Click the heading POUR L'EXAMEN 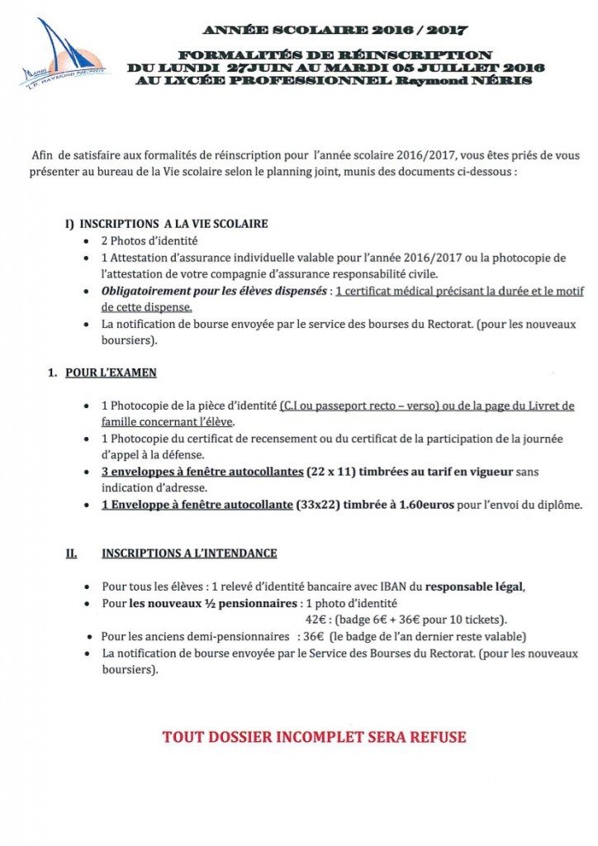(x=111, y=373)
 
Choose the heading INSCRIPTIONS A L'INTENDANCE (x=189, y=553)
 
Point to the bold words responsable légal (x=474, y=587)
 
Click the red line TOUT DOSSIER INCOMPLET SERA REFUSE (x=314, y=736)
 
